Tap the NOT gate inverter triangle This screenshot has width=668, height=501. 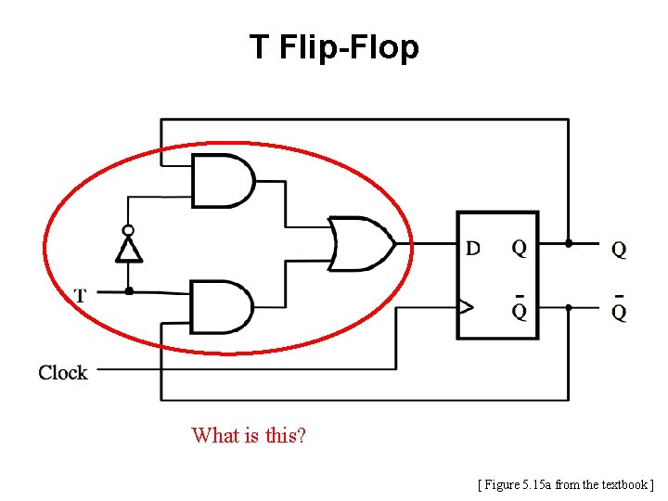tap(128, 250)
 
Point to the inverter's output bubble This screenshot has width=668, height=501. tap(128, 230)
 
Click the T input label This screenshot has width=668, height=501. tap(81, 296)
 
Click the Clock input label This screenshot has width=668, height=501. tap(63, 373)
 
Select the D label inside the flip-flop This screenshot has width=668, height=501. tap(473, 248)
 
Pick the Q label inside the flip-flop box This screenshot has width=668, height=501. tap(520, 248)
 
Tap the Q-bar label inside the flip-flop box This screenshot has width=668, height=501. tap(520, 309)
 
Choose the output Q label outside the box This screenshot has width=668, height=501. tap(619, 249)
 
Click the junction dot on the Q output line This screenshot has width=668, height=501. tap(569, 244)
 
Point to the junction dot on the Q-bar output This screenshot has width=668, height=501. tap(569, 306)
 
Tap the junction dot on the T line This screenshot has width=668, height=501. tap(129, 291)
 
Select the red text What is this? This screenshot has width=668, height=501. tap(249, 435)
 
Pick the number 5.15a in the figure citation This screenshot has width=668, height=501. tap(538, 483)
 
